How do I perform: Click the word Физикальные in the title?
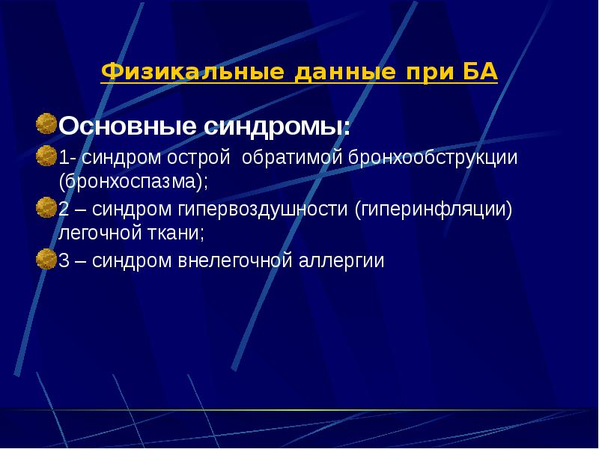point(192,73)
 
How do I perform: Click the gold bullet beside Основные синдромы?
point(46,122)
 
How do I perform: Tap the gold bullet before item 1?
point(46,158)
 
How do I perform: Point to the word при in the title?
point(427,73)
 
